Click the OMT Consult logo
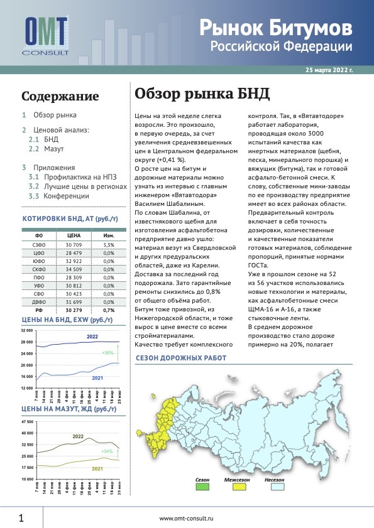[47, 35]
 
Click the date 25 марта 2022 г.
[329, 71]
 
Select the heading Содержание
[60, 97]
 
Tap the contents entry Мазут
[54, 150]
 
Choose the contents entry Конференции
[67, 197]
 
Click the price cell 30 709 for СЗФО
[75, 244]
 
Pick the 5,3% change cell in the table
[108, 244]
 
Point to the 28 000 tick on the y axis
[26, 342]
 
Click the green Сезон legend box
[202, 485]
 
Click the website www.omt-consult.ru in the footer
[187, 519]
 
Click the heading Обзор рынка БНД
[202, 94]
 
